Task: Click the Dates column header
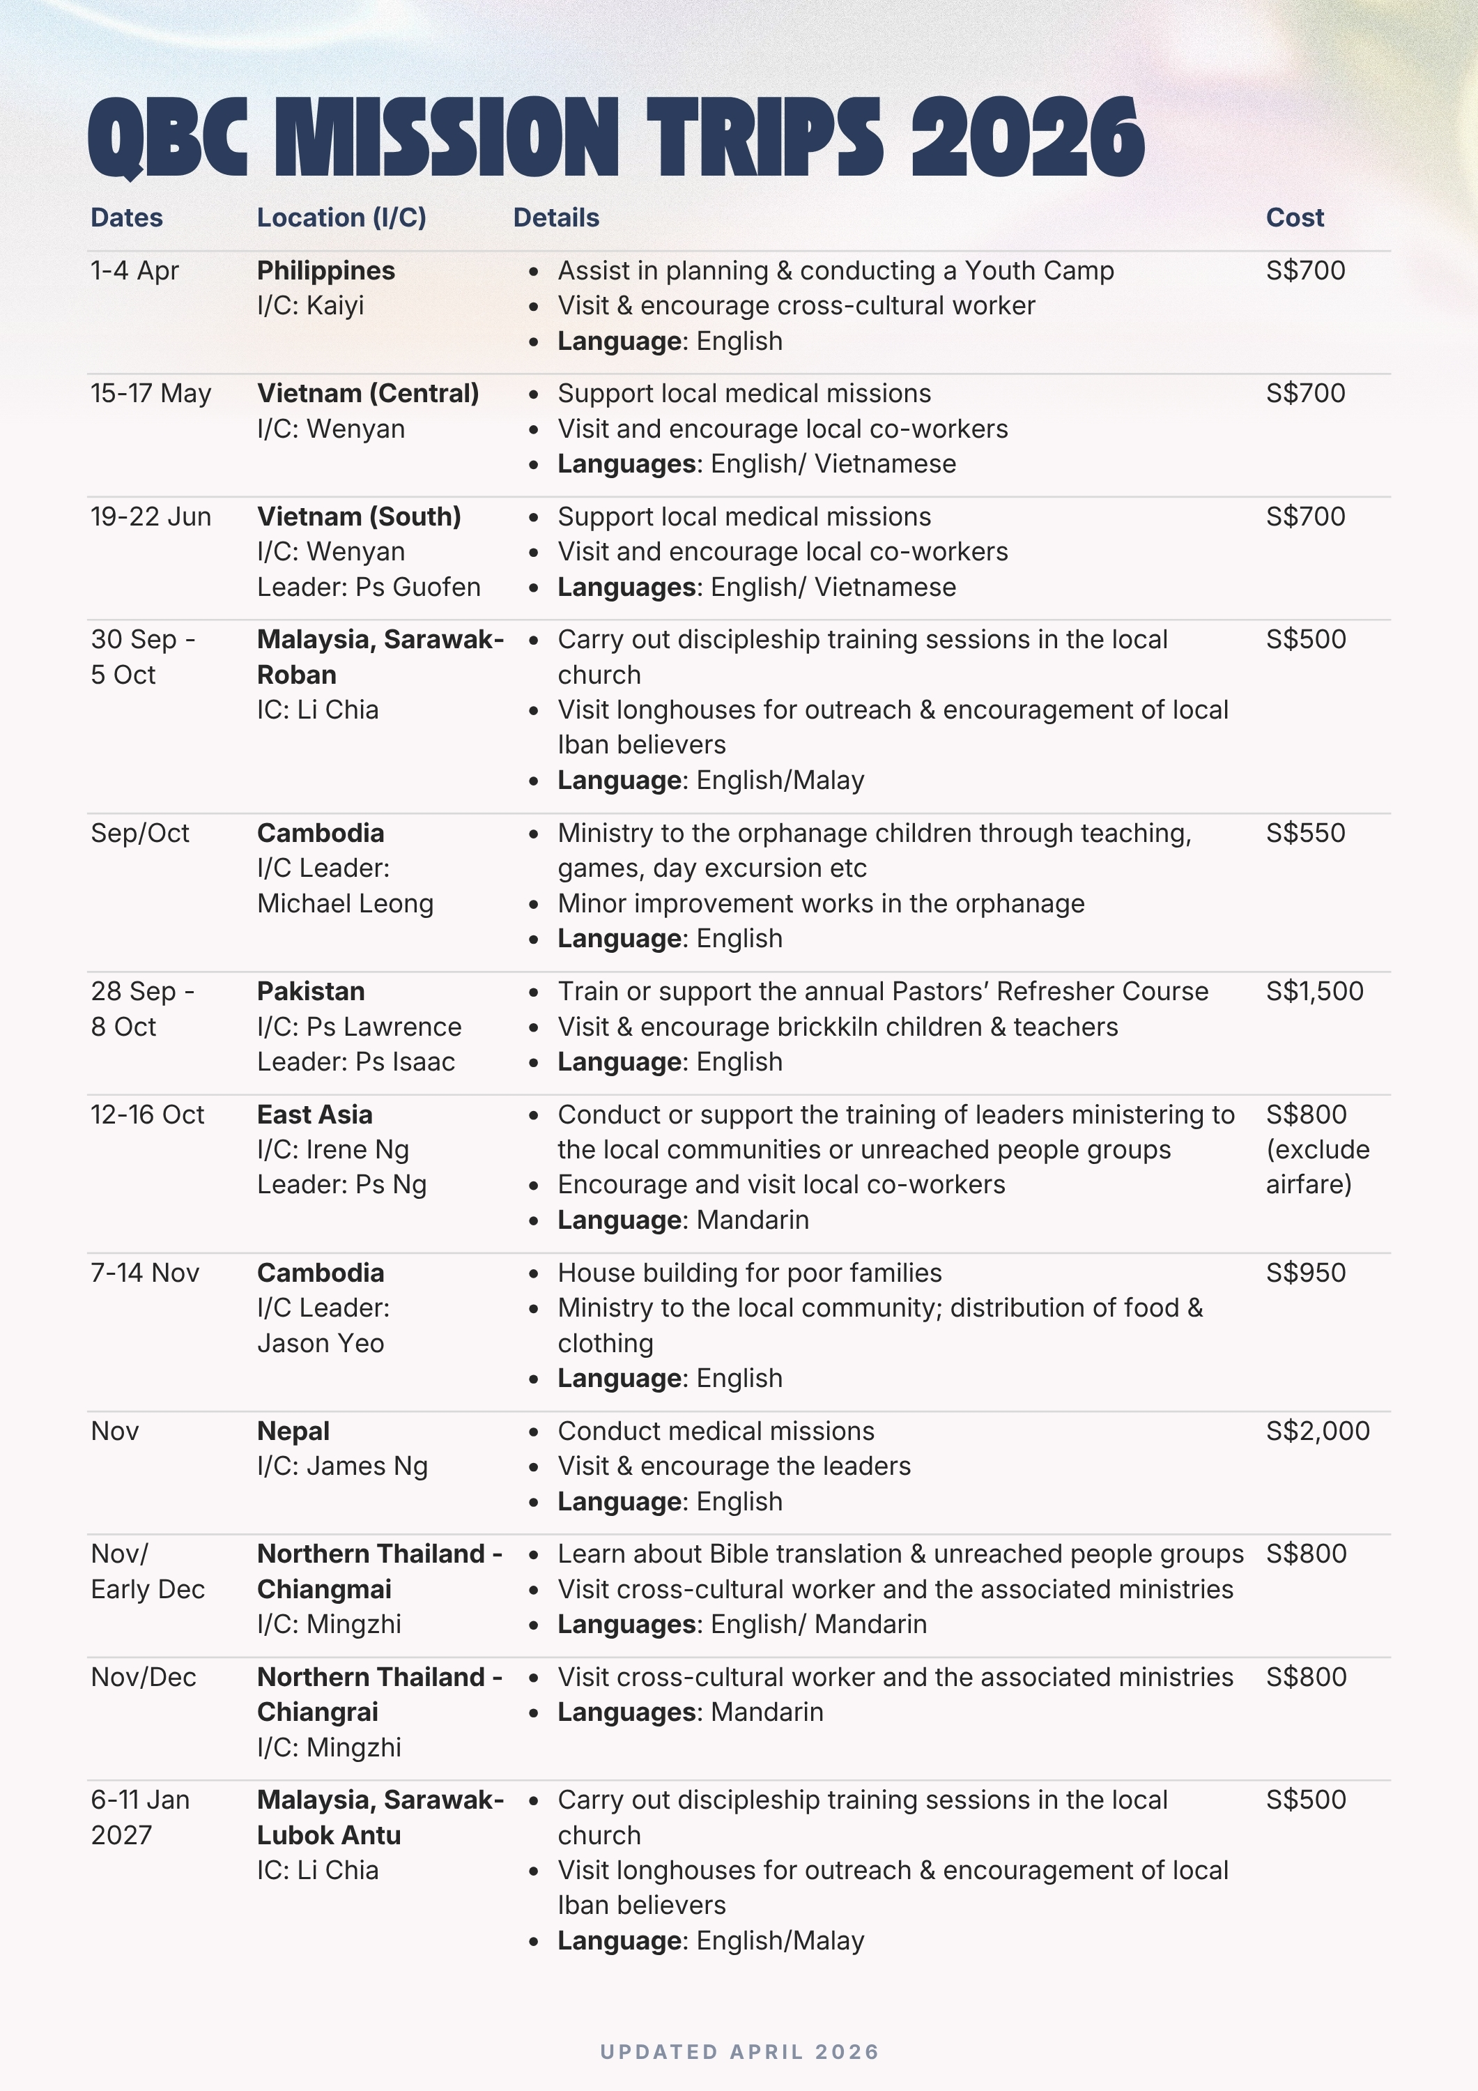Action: [x=127, y=217]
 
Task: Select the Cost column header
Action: [x=1294, y=217]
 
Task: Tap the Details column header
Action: [x=555, y=217]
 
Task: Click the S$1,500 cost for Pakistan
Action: [x=1314, y=991]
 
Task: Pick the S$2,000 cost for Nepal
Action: [x=1317, y=1431]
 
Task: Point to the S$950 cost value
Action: [x=1305, y=1272]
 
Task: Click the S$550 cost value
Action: [x=1305, y=832]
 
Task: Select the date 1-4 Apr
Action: [x=134, y=270]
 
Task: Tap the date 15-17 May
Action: [x=151, y=393]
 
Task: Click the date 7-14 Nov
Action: [x=145, y=1272]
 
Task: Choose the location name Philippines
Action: [x=325, y=270]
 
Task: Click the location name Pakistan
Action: [x=311, y=991]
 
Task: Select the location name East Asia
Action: [x=314, y=1115]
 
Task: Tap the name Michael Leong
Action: [x=345, y=903]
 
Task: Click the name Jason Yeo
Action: [x=320, y=1343]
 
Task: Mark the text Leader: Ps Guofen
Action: [x=368, y=588]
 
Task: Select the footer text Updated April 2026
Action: [x=739, y=2052]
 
